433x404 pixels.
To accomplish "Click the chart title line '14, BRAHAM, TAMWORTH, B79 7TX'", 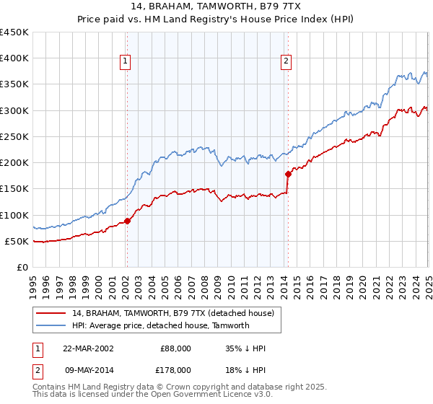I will point(217,6).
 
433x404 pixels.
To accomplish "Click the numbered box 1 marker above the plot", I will point(126,62).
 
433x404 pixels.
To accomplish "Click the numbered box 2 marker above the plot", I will point(287,62).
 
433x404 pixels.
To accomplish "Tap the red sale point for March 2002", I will point(127,221).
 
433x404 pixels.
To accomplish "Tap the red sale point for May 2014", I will point(288,174).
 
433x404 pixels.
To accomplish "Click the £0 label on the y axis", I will point(22,267).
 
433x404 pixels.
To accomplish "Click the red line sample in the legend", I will point(52,314).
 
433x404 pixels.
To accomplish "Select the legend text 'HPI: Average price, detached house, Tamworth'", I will point(160,325).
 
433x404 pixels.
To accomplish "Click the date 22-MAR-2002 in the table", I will point(88,348).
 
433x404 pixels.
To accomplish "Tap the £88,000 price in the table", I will point(175,348).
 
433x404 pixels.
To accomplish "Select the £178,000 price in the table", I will point(175,369).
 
